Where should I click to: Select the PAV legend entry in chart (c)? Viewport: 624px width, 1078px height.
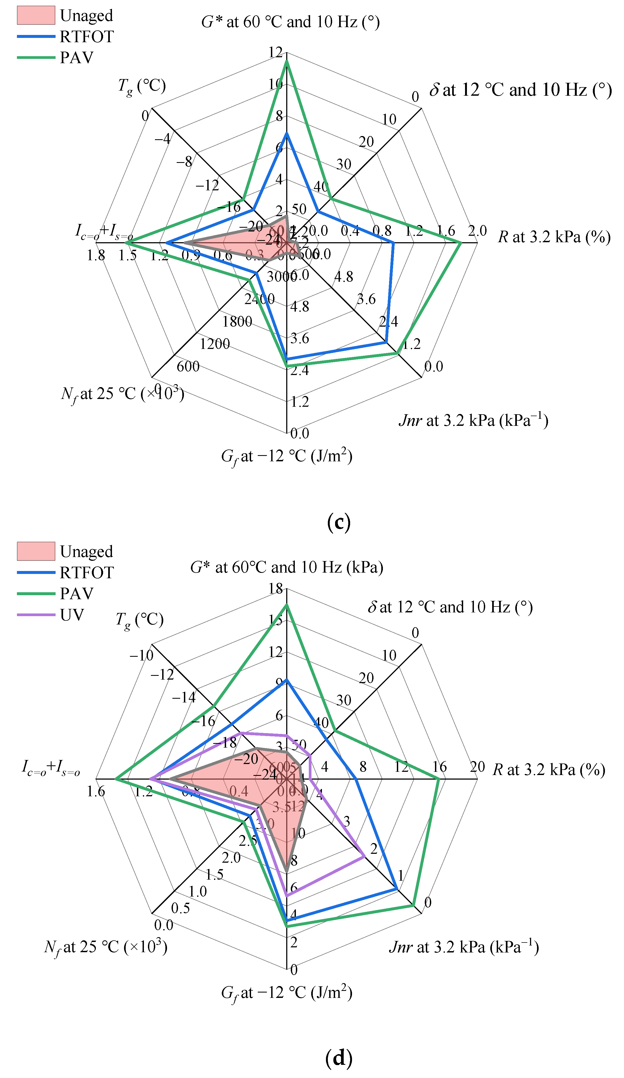76,57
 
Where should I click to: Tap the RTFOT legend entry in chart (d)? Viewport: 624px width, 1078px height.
86,572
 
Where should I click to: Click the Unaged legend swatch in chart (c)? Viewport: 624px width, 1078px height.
36,15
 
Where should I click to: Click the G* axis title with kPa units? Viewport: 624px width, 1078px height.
286,567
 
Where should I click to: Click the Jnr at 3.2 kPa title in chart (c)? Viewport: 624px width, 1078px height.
473,420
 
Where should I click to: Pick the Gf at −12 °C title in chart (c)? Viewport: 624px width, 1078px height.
286,457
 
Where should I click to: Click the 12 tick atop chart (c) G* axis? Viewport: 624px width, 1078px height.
276,52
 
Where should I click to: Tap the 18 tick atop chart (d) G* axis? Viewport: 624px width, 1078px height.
276,589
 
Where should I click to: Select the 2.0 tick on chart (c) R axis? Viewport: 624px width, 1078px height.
477,231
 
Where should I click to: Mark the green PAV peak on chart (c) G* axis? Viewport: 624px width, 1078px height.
287,61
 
